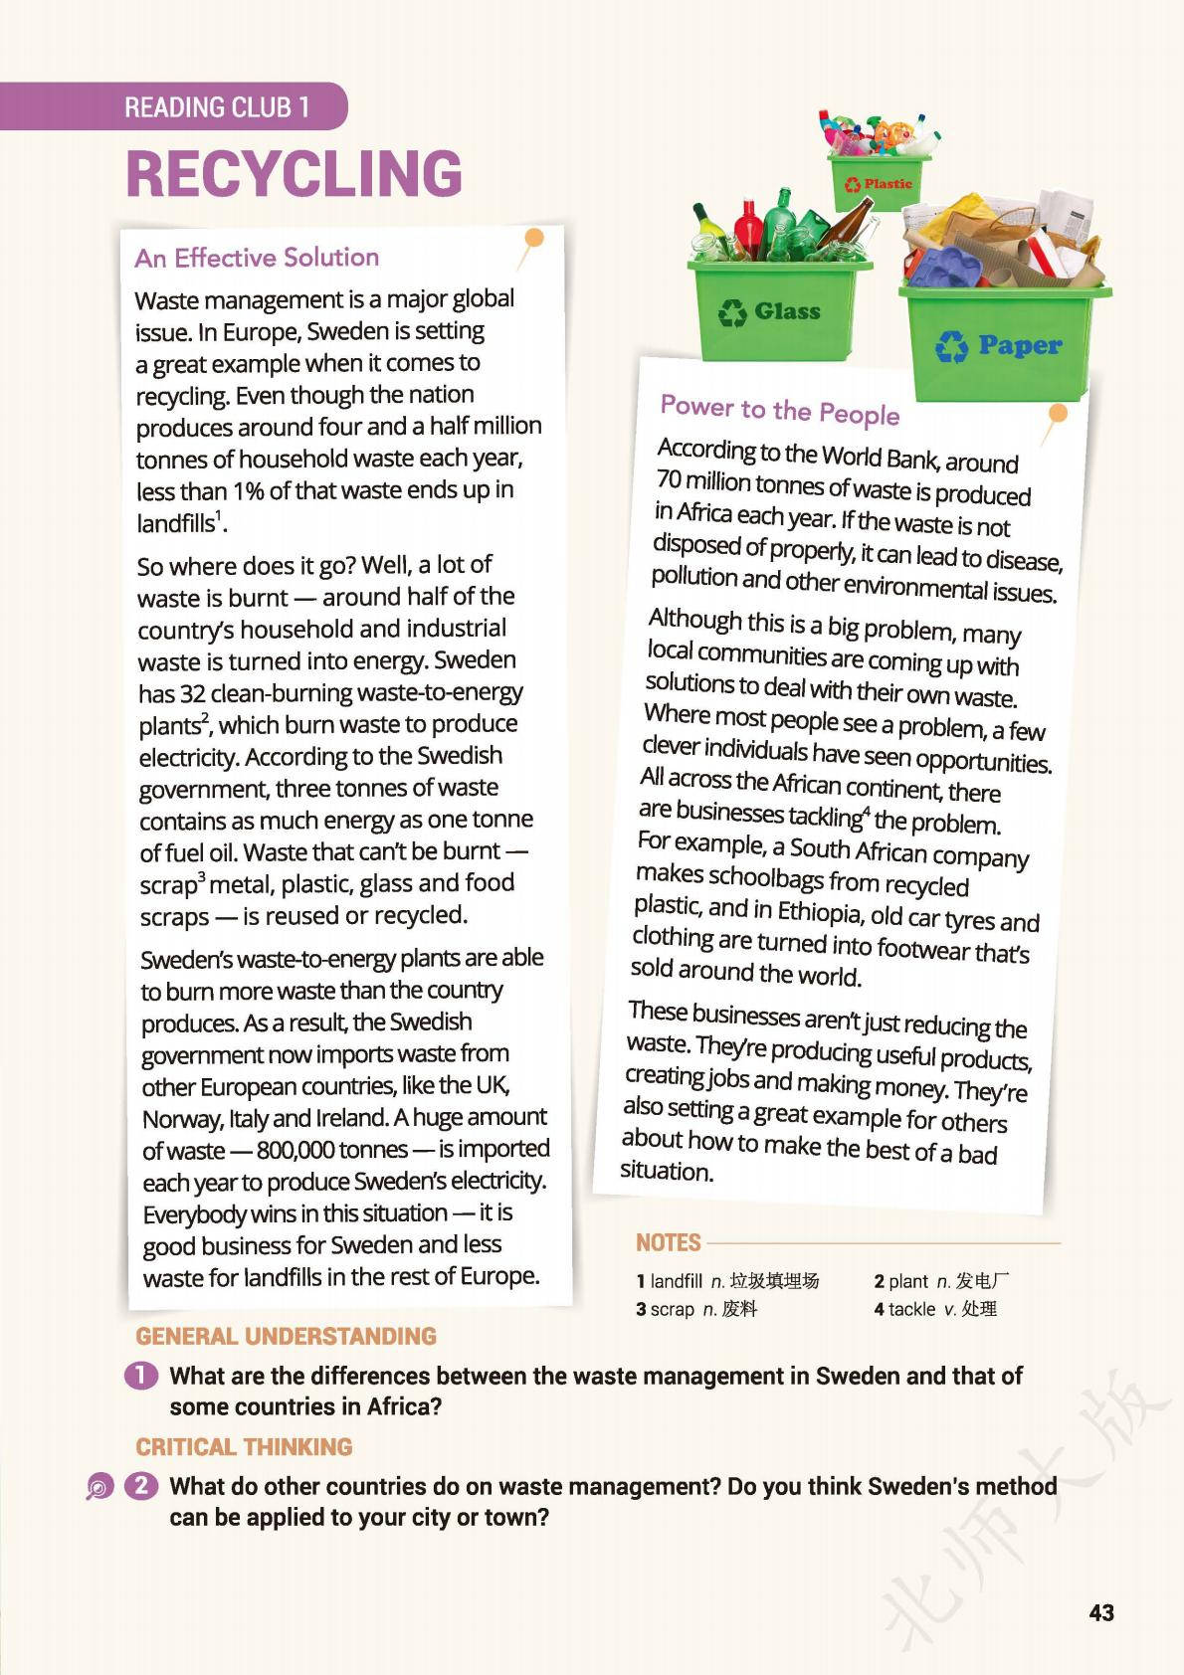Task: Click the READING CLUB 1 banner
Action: [217, 106]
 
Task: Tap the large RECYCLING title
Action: [295, 174]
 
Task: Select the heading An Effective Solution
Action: [257, 258]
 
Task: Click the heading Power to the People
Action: [780, 410]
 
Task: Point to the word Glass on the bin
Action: [787, 311]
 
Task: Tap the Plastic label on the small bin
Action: [888, 184]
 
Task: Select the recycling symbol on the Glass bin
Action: [733, 312]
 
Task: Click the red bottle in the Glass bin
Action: [748, 228]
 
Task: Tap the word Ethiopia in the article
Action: [820, 913]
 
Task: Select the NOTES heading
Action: [669, 1242]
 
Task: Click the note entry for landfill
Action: [727, 1281]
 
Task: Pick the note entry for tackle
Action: [935, 1309]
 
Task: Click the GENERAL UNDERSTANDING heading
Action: [287, 1336]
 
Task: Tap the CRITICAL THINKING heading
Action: [245, 1446]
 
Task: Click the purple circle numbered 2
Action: [141, 1486]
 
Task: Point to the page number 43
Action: [1101, 1613]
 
